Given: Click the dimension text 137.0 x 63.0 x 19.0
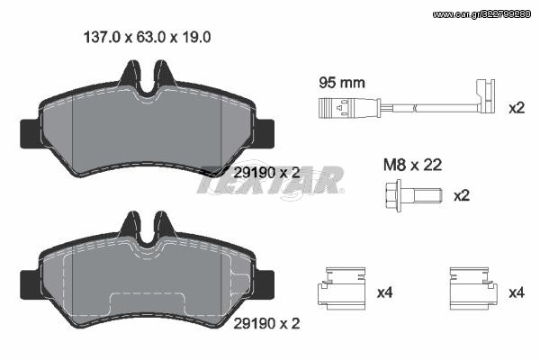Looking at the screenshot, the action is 147,37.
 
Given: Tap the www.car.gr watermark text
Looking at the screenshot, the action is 481,14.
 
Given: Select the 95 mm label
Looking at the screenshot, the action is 342,83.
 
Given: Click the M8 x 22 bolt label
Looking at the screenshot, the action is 412,166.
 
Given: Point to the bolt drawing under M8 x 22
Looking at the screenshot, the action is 413,195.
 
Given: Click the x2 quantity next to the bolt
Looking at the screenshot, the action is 462,196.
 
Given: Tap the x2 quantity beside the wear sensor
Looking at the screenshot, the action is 517,108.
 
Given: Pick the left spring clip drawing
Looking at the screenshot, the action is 341,288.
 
